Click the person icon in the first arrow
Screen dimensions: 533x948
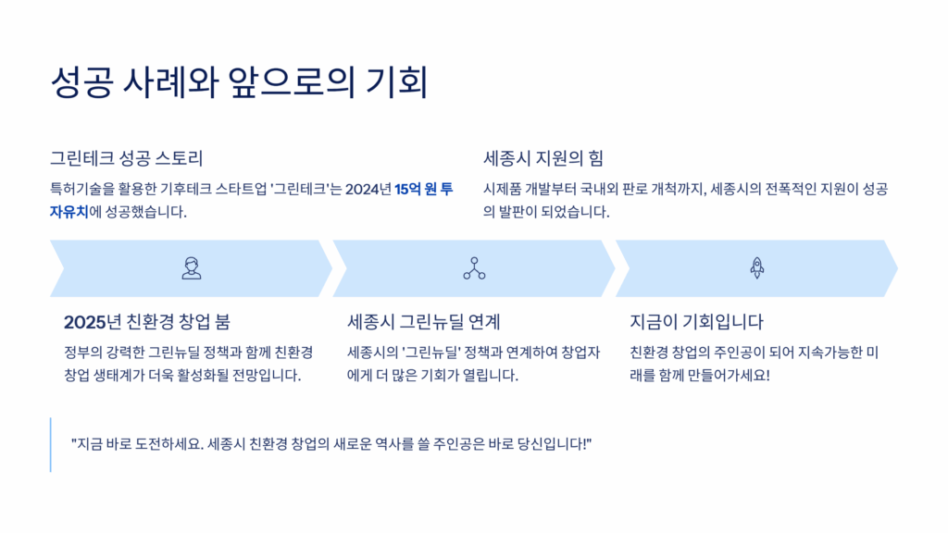[192, 268]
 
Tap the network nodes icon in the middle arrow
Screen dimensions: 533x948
[474, 268]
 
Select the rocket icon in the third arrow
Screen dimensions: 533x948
[756, 268]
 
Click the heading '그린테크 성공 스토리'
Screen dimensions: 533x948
[126, 158]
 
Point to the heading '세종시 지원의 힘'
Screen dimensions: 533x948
[543, 158]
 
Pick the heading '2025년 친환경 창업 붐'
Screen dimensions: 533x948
[146, 322]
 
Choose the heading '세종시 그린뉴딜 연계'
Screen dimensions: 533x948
[423, 322]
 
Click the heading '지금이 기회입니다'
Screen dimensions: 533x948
[696, 322]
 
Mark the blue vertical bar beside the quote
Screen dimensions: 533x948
[51, 444]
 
